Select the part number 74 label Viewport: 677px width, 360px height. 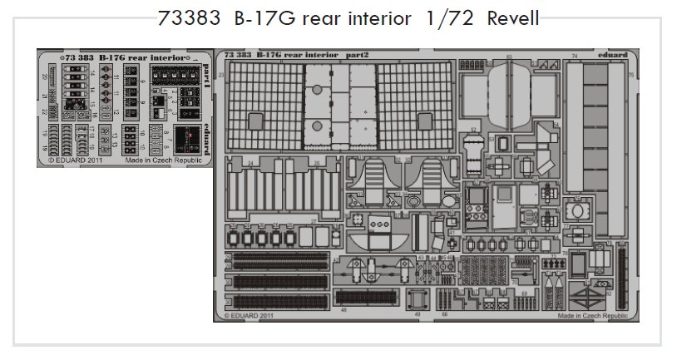click(x=574, y=57)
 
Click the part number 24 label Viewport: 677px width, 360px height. click(x=250, y=164)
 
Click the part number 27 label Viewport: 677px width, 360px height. click(x=313, y=221)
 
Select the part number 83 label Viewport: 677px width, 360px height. click(x=507, y=57)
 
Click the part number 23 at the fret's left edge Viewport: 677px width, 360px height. click(x=221, y=76)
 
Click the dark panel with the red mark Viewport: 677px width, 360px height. click(x=185, y=139)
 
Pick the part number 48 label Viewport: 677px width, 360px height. click(x=343, y=309)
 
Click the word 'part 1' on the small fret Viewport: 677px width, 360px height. click(x=205, y=81)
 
